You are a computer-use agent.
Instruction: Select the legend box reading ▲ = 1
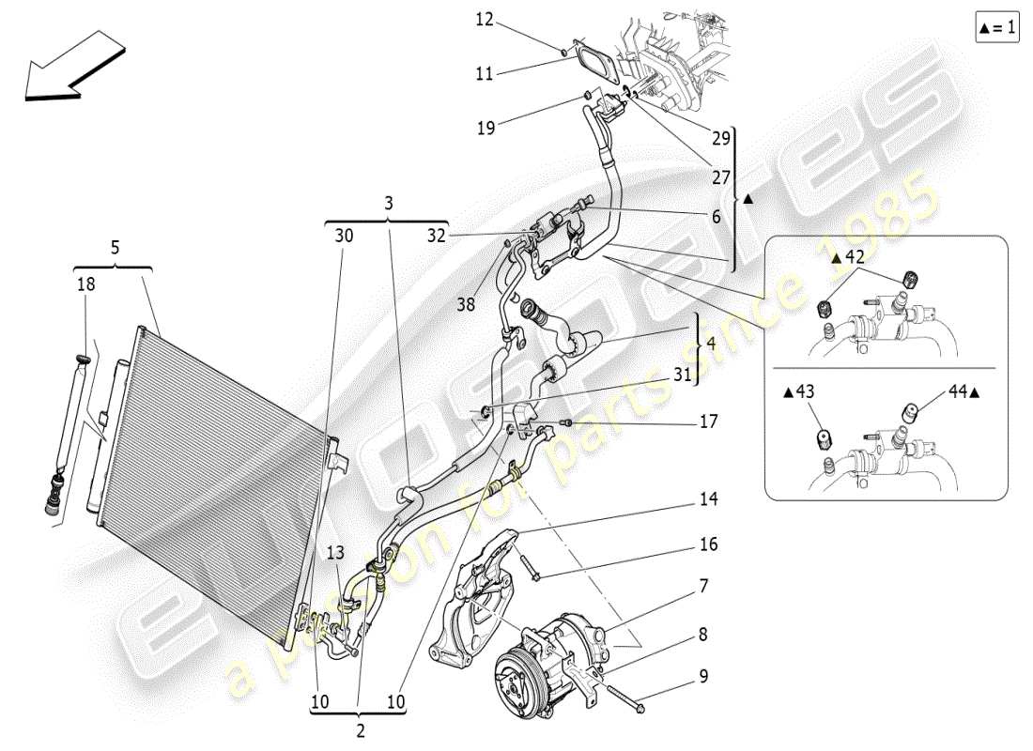tap(996, 28)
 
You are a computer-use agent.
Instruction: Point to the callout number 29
tap(720, 138)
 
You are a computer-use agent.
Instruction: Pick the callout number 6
tap(716, 216)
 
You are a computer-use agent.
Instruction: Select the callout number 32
tap(437, 237)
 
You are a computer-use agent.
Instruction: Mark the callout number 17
tap(708, 422)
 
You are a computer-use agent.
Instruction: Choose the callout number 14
tap(708, 499)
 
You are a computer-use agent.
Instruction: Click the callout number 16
tap(708, 544)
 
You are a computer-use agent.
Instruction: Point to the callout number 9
tap(703, 676)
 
